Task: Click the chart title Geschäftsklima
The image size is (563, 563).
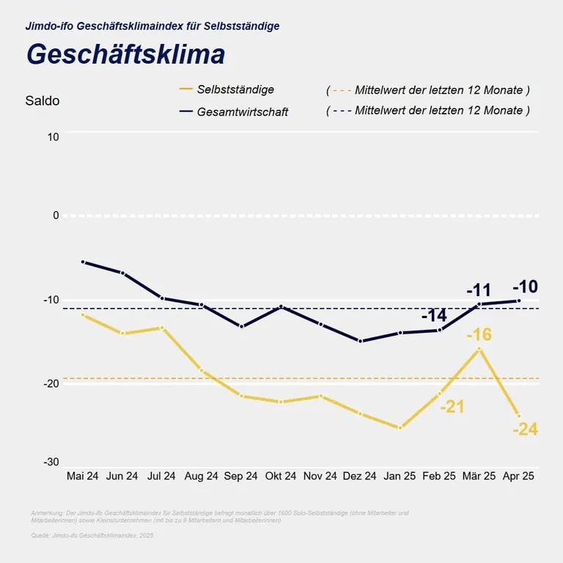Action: [125, 55]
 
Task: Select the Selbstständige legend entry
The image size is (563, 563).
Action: [235, 89]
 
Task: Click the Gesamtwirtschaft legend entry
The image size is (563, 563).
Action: [242, 111]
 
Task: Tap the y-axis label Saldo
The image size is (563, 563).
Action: [43, 101]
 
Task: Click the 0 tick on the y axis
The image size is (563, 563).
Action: [55, 215]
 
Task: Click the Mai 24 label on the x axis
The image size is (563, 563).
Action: [82, 476]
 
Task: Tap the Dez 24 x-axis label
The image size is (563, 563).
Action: [360, 476]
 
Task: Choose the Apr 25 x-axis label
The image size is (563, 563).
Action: [518, 476]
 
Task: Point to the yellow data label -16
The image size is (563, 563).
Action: [479, 336]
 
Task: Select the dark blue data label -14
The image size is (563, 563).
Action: [434, 317]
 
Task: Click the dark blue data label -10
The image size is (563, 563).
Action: [525, 287]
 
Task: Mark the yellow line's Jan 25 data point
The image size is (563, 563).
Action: [400, 427]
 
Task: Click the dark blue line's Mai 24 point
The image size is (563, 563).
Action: [83, 262]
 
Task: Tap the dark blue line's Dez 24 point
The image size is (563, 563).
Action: [361, 341]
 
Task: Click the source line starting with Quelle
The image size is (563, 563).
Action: [92, 536]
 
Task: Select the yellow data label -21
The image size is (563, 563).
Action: [452, 407]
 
